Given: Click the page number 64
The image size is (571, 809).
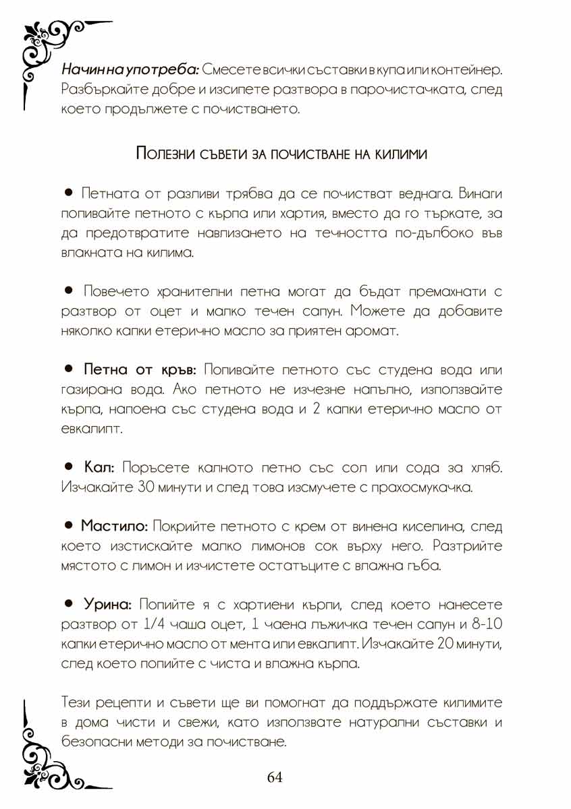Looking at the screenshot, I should coord(275,777).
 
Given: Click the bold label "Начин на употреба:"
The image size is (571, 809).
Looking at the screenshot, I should coord(130,70).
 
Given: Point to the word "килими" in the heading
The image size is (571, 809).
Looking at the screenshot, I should coord(402,154).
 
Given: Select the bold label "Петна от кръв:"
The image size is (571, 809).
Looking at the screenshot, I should coord(139,370).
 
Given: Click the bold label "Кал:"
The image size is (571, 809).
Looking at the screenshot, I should coord(101,467).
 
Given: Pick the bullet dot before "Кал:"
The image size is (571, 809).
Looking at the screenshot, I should coord(68,467).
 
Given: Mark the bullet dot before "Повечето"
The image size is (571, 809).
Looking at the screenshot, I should coord(68,292).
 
